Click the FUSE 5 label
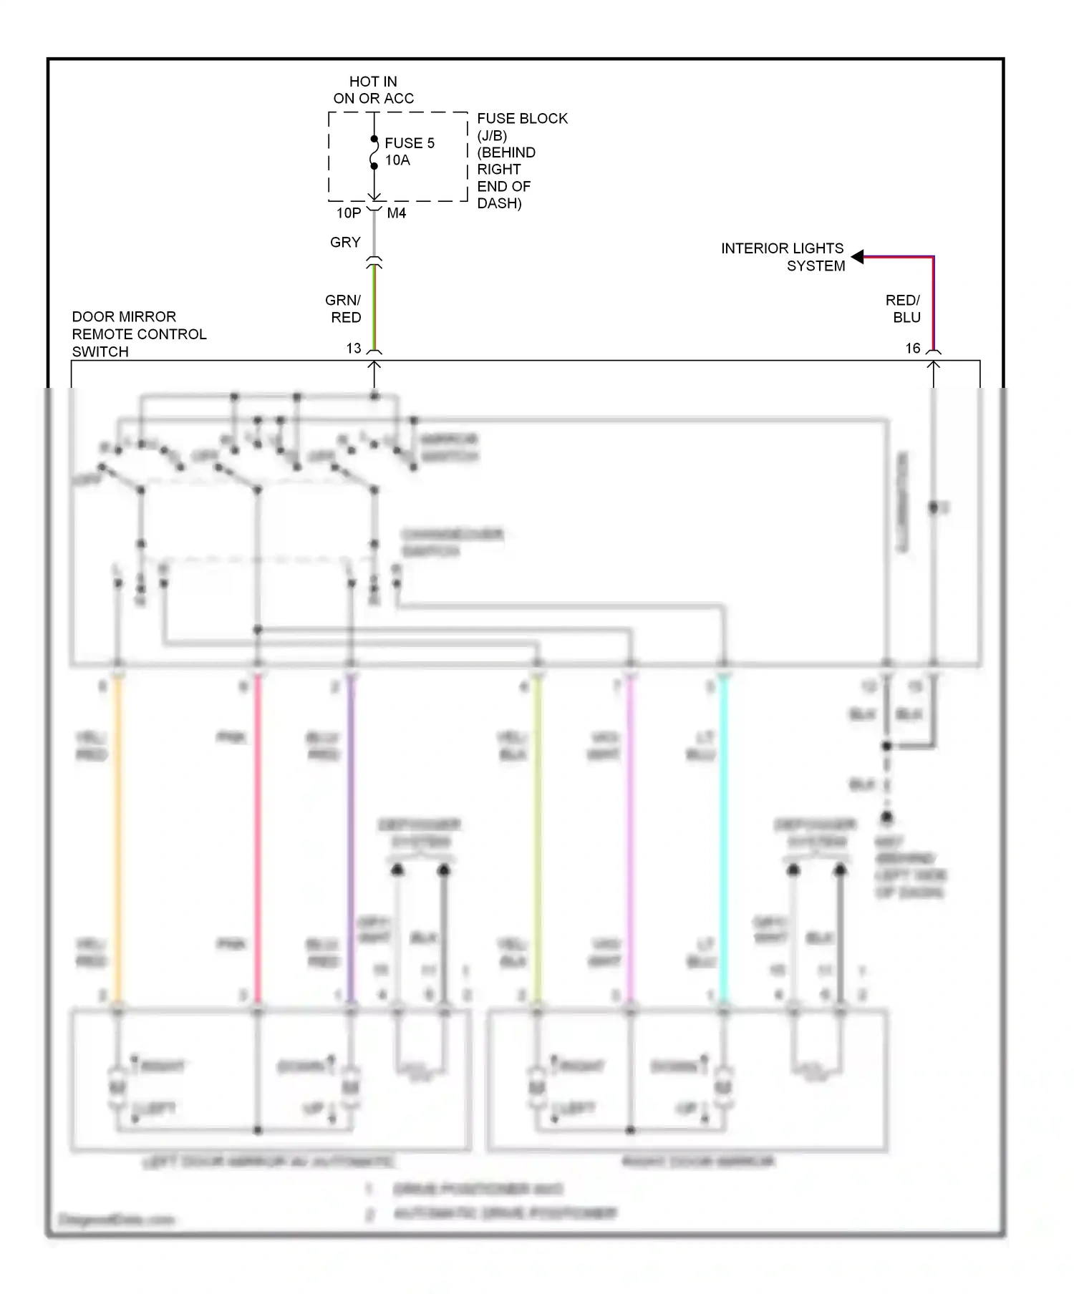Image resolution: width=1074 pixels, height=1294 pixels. [x=409, y=143]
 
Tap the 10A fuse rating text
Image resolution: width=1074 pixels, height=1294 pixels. [x=397, y=160]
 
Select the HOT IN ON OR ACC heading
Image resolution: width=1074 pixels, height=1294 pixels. [x=373, y=90]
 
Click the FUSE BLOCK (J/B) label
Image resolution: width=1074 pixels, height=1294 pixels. [x=522, y=127]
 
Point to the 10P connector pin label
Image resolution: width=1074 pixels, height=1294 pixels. [x=349, y=213]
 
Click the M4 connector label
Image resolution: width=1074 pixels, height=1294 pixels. [x=396, y=213]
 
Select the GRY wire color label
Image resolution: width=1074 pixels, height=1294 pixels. [x=345, y=243]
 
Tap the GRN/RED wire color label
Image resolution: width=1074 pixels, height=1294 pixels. [x=344, y=308]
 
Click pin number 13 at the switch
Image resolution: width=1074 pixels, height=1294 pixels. [x=354, y=349]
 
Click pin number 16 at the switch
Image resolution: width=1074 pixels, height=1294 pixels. [x=913, y=349]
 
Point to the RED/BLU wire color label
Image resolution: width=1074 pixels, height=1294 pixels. [x=903, y=308]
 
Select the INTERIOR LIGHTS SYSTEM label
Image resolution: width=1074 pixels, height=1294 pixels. [x=783, y=257]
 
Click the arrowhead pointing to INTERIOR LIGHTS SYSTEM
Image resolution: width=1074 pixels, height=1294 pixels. [x=857, y=257]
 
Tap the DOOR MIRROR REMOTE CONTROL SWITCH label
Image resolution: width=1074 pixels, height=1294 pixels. [x=139, y=334]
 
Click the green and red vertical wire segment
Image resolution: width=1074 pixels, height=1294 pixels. [x=374, y=308]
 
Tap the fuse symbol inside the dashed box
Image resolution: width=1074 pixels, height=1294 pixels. [x=374, y=152]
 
